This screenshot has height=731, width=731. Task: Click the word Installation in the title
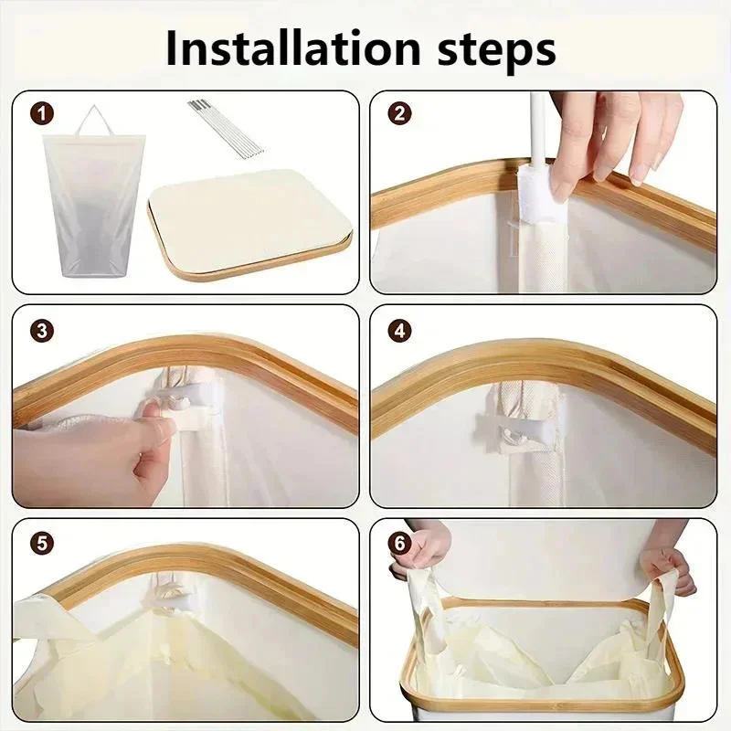293,48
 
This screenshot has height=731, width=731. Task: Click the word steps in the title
497,51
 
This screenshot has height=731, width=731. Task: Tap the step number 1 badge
42,114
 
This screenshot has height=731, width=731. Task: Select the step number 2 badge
400,113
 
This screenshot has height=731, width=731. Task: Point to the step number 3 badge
42,331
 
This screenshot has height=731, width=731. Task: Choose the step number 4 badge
400,331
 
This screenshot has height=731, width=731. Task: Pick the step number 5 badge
42,544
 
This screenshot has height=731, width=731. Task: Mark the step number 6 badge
400,544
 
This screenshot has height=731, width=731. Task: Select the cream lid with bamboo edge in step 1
250,223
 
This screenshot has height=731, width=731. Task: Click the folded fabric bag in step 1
94,204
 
